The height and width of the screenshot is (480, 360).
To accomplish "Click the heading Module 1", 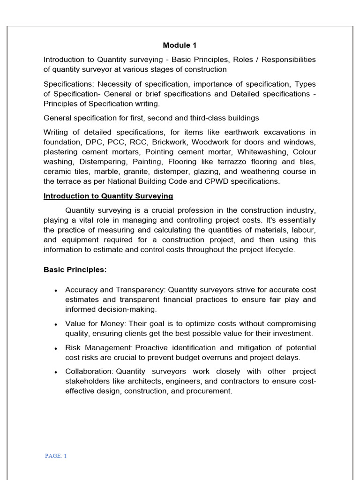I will tap(180, 45).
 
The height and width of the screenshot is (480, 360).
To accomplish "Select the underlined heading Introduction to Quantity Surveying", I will tap(108, 196).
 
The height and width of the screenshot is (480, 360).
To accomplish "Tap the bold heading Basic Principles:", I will tap(75, 270).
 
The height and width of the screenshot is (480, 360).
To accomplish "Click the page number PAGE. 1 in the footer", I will tap(56, 456).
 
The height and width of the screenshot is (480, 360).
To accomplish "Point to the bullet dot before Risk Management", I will tap(56, 349).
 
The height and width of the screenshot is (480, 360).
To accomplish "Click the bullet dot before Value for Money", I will tap(56, 324).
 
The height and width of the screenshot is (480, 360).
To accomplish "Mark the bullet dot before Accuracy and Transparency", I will tap(56, 291).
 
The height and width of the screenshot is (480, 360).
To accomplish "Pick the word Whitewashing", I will tap(262, 152).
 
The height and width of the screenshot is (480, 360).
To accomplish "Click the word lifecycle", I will tap(280, 249).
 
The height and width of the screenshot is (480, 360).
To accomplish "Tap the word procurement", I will tap(209, 391).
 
